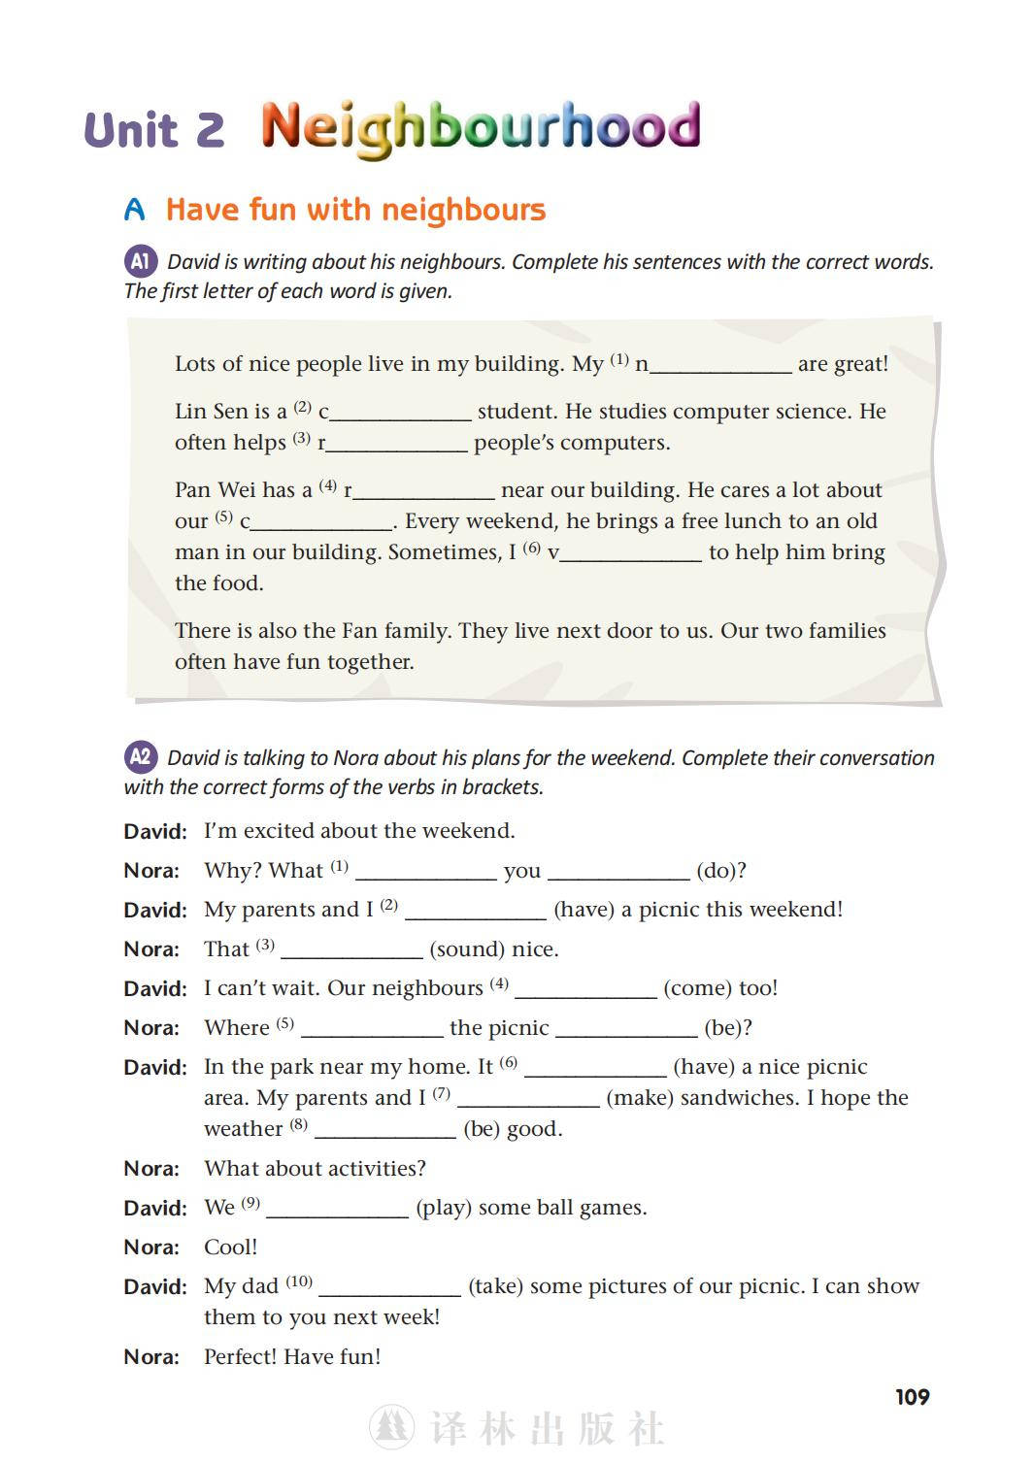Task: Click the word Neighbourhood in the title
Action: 481,127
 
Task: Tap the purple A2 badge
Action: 140,756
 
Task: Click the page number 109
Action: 912,1397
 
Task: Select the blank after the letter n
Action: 720,365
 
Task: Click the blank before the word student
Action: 400,413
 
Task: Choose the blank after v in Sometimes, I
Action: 630,553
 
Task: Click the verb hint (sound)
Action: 494,948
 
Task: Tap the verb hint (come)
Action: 720,988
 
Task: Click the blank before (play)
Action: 337,1209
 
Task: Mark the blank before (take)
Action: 389,1287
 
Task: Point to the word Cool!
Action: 230,1248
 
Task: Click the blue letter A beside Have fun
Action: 135,210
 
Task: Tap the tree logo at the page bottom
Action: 392,1426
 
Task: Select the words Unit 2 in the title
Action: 154,130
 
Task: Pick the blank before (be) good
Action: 384,1130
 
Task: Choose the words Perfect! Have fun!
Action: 292,1357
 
